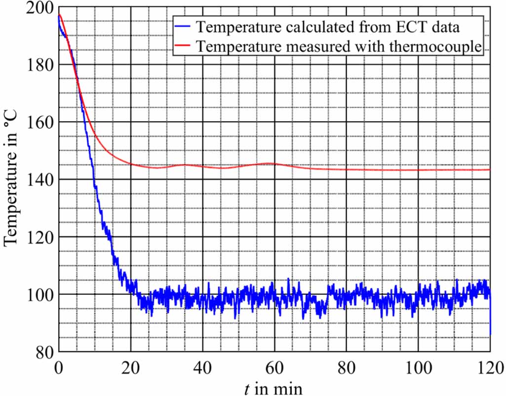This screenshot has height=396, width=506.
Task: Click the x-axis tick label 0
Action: tap(59, 367)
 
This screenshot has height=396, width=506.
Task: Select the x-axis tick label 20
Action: tap(131, 367)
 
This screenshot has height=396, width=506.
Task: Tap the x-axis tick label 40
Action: tap(202, 367)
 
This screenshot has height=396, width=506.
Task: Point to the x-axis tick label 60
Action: tap(274, 367)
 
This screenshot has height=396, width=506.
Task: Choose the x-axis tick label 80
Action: tap(346, 367)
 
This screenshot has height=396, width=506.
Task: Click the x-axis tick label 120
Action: tap(490, 367)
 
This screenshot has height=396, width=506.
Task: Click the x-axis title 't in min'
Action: tap(273, 388)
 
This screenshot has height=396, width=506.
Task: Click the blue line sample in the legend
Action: tap(184, 27)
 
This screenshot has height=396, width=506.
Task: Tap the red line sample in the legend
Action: tap(184, 46)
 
